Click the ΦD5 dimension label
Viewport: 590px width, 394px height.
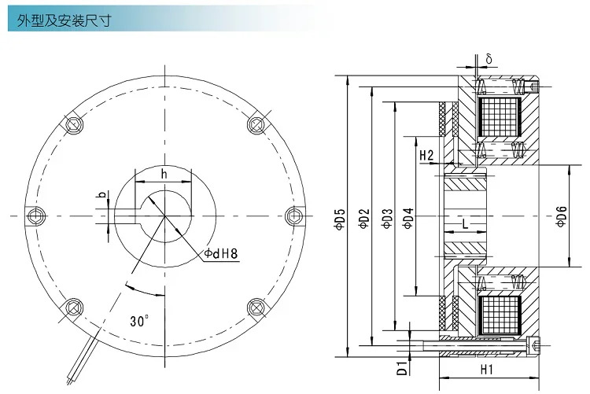coord(340,219)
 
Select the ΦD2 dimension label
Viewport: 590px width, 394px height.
coord(364,219)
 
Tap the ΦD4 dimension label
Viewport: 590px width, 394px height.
coord(408,219)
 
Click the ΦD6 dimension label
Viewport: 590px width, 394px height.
coord(561,216)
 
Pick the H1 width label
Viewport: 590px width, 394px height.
coord(486,370)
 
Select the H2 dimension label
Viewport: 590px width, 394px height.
coord(426,155)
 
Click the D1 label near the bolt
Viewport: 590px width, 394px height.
coord(402,368)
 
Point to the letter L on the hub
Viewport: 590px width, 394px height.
coord(465,224)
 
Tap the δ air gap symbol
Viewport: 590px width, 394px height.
coord(489,58)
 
